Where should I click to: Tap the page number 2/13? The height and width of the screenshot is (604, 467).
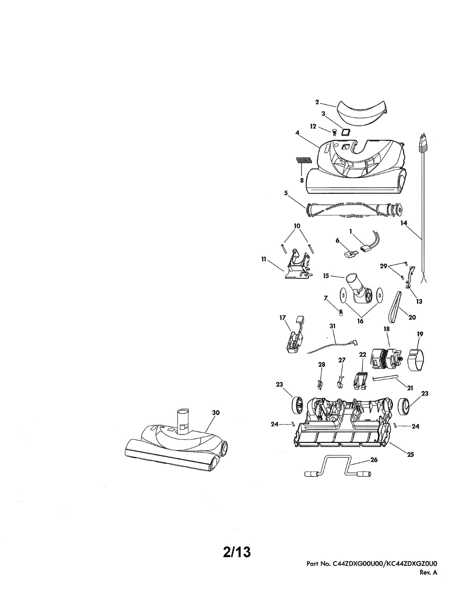tap(237, 552)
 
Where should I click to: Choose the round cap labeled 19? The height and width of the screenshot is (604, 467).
tap(417, 360)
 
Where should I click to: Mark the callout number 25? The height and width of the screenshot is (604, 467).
tap(410, 455)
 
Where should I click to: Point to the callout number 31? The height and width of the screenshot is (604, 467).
tap(332, 326)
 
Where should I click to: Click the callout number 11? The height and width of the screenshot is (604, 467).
tap(263, 259)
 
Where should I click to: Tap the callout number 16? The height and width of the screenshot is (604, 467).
tap(360, 321)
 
